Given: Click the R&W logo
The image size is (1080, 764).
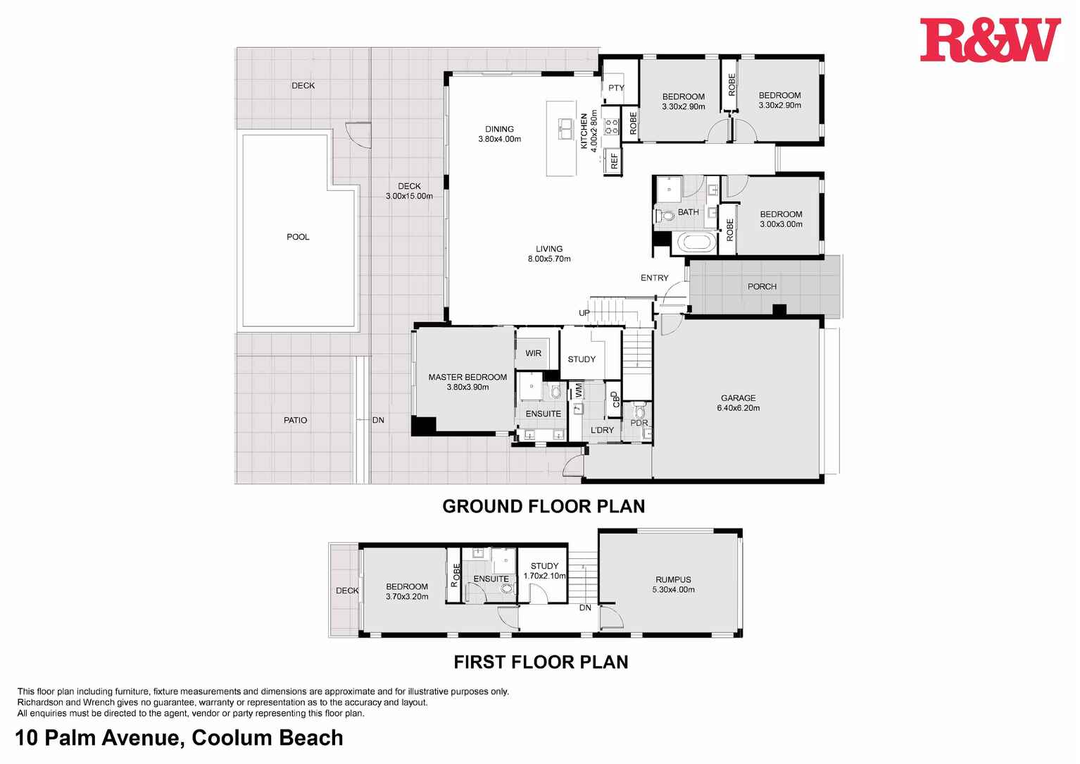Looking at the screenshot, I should click(989, 40).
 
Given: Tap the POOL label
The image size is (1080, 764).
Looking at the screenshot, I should click(298, 237).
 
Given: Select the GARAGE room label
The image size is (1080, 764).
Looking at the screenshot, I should click(738, 398).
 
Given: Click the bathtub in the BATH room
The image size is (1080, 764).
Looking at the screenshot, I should click(696, 243).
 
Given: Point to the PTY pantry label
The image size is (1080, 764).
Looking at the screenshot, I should click(616, 88).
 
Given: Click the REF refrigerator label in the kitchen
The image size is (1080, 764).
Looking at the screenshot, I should click(614, 161).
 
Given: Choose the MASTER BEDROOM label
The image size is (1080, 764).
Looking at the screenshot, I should click(467, 377).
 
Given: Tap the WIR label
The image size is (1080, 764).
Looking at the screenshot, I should click(534, 353).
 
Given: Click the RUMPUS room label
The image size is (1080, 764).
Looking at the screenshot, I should click(673, 580).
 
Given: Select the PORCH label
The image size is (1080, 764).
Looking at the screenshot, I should click(762, 287).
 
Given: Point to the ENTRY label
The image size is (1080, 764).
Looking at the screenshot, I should click(654, 278).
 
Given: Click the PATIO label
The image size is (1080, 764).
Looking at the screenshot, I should click(295, 420).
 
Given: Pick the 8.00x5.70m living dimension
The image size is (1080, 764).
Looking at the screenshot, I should click(549, 259).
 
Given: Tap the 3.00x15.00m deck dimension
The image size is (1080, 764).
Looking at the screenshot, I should click(409, 196).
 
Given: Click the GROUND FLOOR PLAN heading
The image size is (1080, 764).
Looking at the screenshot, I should click(544, 506).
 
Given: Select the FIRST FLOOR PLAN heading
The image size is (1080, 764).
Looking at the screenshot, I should click(541, 662).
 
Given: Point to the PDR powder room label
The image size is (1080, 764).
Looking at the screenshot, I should click(639, 423).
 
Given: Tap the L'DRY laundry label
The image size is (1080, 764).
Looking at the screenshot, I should click(602, 430).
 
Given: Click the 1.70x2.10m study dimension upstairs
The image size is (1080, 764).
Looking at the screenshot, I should click(544, 576).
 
